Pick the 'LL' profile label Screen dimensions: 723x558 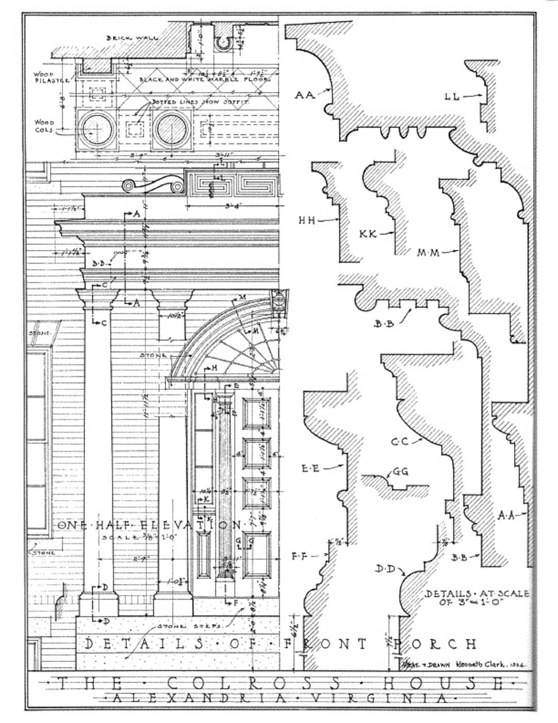tap(452, 96)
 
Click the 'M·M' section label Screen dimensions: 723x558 tap(428, 253)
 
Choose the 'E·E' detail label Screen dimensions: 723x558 tap(311, 468)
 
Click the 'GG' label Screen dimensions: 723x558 tap(400, 471)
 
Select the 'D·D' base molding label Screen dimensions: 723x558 tap(385, 569)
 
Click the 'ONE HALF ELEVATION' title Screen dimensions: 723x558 tap(149, 525)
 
